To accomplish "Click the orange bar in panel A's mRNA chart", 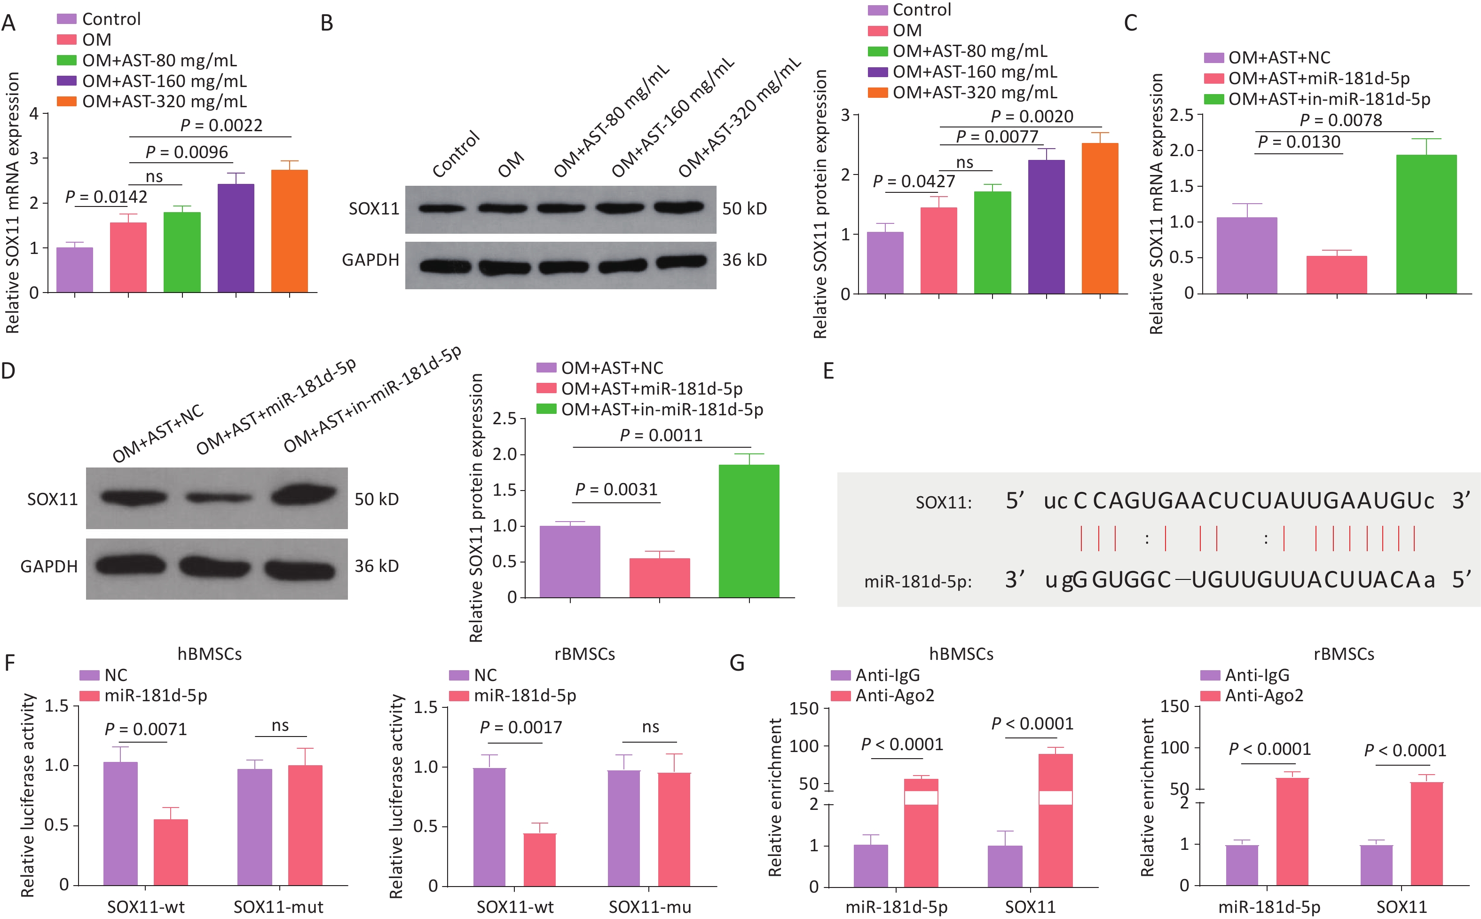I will click(289, 231).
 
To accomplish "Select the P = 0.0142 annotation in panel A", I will click(106, 197).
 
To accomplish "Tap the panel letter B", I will click(327, 23).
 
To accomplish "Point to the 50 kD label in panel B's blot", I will click(744, 208).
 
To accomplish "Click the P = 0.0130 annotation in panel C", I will click(1298, 142).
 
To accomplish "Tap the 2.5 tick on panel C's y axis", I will click(1181, 114).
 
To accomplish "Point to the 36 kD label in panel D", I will click(377, 566).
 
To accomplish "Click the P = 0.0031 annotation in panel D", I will click(616, 489).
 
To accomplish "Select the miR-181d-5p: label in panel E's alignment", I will click(917, 582).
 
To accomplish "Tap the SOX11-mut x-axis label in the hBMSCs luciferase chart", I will click(278, 907).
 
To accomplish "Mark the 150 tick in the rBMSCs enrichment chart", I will click(1174, 706).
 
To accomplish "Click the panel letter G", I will click(737, 663).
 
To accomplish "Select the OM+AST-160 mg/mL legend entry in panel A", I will click(164, 81).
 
